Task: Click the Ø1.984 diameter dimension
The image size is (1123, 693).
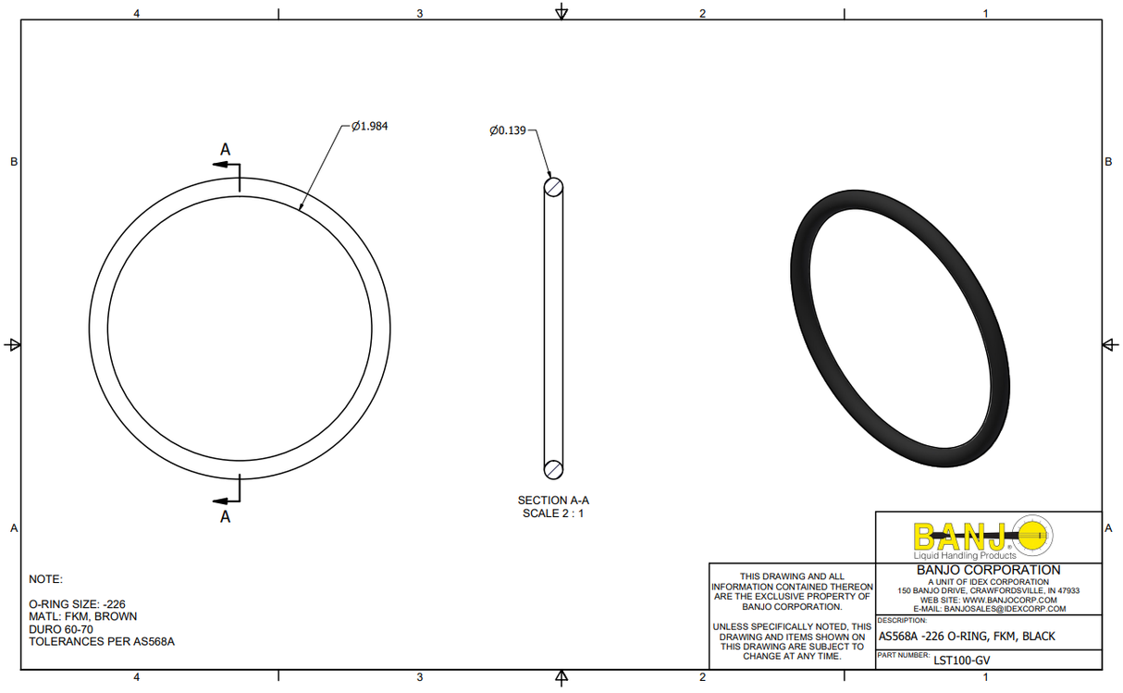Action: pyautogui.click(x=369, y=127)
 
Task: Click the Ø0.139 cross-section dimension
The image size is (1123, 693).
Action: pyautogui.click(x=508, y=130)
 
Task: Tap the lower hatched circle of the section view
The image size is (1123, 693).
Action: pyautogui.click(x=553, y=468)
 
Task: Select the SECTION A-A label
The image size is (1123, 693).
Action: pyautogui.click(x=553, y=501)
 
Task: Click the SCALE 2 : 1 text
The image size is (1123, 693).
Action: pyautogui.click(x=553, y=514)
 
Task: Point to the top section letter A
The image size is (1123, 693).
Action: pyautogui.click(x=225, y=149)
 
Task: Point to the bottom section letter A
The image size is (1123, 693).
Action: pyautogui.click(x=225, y=517)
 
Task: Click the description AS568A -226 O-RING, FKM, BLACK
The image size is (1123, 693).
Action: pyautogui.click(x=966, y=637)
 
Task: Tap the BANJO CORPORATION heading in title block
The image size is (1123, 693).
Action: pyautogui.click(x=988, y=570)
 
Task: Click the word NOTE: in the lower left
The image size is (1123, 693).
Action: pyautogui.click(x=45, y=579)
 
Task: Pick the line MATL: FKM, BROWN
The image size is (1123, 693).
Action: pyautogui.click(x=83, y=616)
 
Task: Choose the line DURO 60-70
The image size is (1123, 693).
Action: pyautogui.click(x=61, y=629)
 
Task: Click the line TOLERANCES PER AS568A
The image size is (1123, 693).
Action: pyautogui.click(x=102, y=641)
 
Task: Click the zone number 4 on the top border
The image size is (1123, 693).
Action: pyautogui.click(x=137, y=13)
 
